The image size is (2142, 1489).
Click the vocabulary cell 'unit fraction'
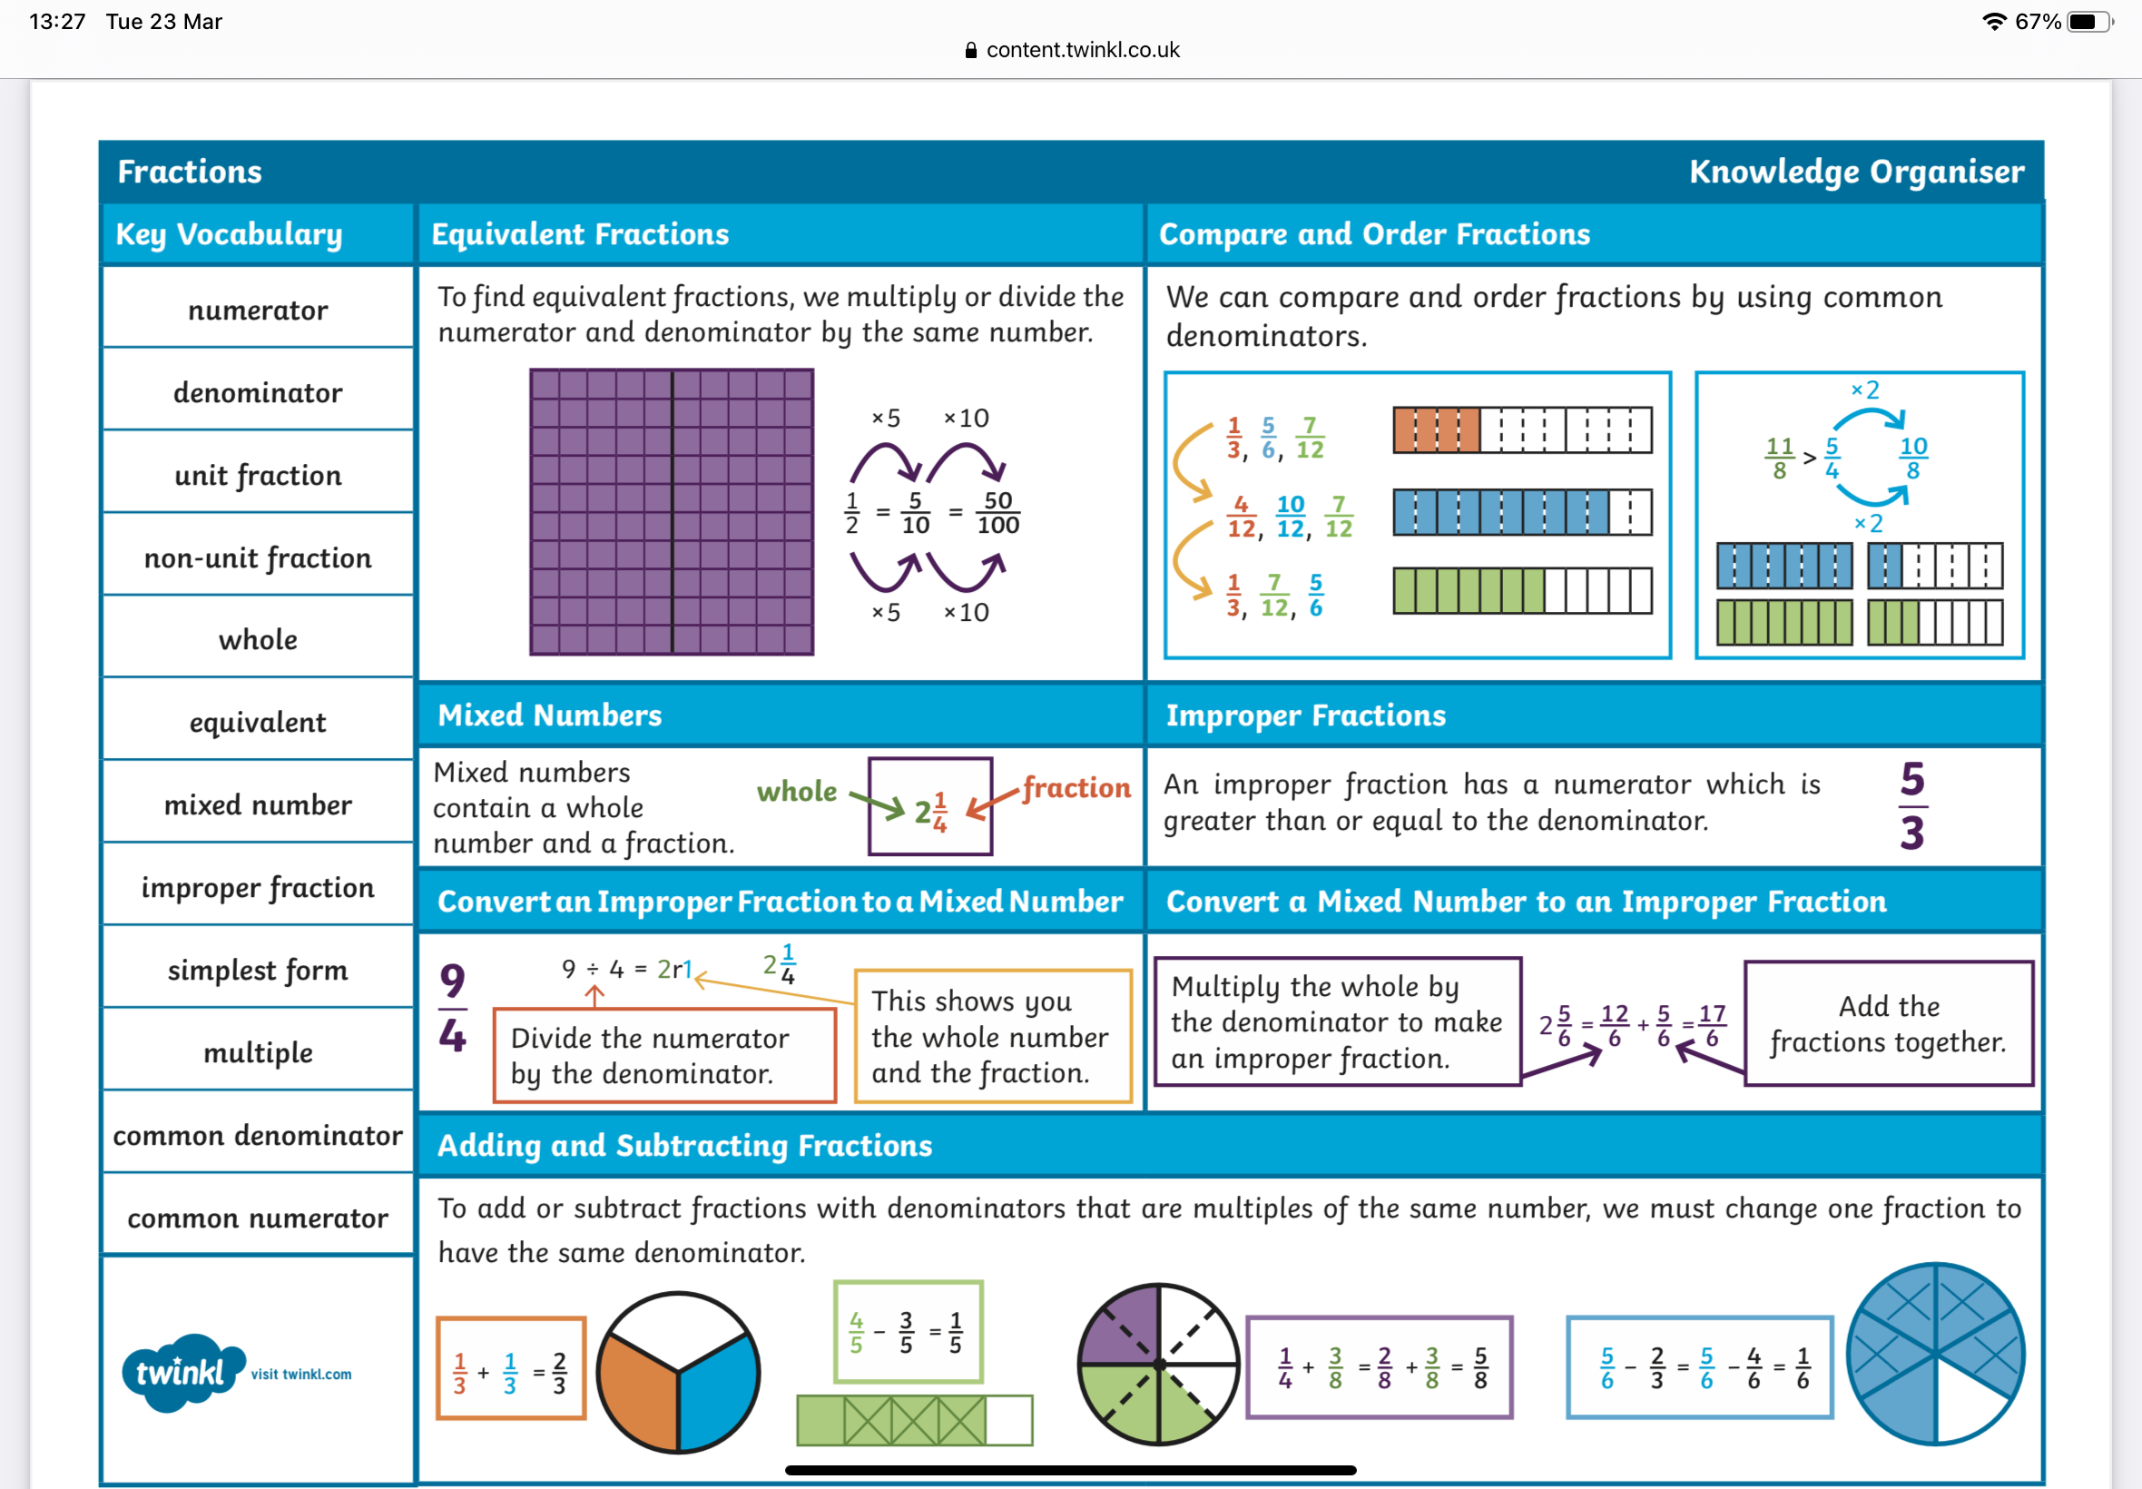[x=258, y=475]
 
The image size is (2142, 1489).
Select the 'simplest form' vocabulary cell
[x=258, y=971]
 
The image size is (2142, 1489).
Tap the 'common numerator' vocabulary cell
[x=258, y=1218]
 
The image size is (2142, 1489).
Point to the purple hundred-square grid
[x=672, y=511]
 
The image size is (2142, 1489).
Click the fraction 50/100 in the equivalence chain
[x=997, y=512]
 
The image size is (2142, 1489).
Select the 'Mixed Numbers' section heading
[x=550, y=715]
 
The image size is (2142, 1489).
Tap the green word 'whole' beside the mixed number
[x=796, y=791]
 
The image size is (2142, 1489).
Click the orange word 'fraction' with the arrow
[x=1076, y=787]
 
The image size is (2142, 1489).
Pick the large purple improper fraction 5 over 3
[x=1912, y=806]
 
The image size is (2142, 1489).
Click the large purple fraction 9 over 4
[x=452, y=1009]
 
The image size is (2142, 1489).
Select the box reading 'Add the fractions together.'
[x=1889, y=1023]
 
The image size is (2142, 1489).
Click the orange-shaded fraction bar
[x=1436, y=430]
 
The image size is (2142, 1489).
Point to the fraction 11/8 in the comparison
[x=1779, y=458]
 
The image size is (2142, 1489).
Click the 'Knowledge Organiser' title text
[x=1856, y=172]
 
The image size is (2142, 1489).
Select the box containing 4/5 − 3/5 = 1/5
[x=908, y=1331]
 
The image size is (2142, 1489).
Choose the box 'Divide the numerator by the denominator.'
[x=664, y=1055]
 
